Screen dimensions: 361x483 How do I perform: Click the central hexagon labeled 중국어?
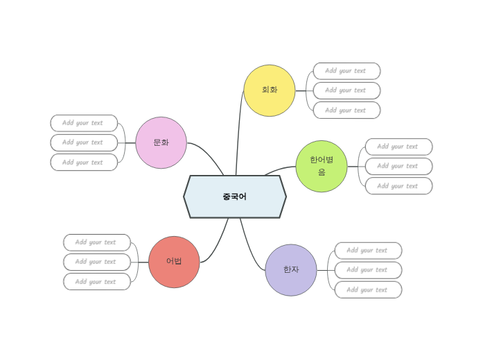235,196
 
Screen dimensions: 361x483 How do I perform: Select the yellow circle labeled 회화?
270,90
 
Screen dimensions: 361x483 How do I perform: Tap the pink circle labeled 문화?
161,142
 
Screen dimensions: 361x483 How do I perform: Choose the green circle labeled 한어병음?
322,166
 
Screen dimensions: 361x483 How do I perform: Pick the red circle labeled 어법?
174,262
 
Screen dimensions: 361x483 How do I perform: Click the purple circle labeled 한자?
291,269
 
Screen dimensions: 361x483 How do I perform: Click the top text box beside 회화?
346,71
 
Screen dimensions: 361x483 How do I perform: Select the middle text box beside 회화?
346,90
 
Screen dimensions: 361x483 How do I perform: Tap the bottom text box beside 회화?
346,110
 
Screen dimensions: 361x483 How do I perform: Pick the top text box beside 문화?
84,123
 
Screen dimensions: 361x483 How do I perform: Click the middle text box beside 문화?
84,142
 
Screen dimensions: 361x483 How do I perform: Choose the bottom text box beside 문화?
84,162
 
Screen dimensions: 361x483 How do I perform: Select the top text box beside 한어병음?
398,146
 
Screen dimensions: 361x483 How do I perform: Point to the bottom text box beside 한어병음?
398,186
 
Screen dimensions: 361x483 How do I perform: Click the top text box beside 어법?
97,242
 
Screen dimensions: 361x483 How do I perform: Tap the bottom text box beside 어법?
97,282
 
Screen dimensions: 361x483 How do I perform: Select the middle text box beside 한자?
368,270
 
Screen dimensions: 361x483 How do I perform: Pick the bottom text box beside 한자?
368,290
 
